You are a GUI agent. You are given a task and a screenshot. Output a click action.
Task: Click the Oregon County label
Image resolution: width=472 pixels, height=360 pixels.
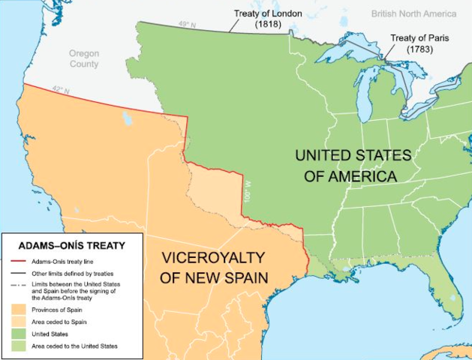(83, 58)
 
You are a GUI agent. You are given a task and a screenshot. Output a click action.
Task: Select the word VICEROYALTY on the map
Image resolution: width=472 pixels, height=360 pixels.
(214, 258)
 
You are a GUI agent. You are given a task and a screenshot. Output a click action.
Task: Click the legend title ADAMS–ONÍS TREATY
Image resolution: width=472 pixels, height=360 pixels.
(72, 244)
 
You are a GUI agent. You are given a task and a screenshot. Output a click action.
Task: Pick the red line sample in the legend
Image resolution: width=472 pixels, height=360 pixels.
(23, 260)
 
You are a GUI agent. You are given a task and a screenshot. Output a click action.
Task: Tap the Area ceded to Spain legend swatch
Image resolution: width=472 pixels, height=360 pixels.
(23, 322)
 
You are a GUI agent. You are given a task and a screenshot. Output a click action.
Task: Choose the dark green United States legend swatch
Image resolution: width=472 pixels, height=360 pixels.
(23, 334)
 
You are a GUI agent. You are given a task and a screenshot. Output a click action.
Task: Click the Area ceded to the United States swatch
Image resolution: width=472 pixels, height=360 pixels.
(23, 346)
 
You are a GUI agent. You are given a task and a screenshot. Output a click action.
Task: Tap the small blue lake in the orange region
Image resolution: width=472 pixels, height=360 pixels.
(125, 118)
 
